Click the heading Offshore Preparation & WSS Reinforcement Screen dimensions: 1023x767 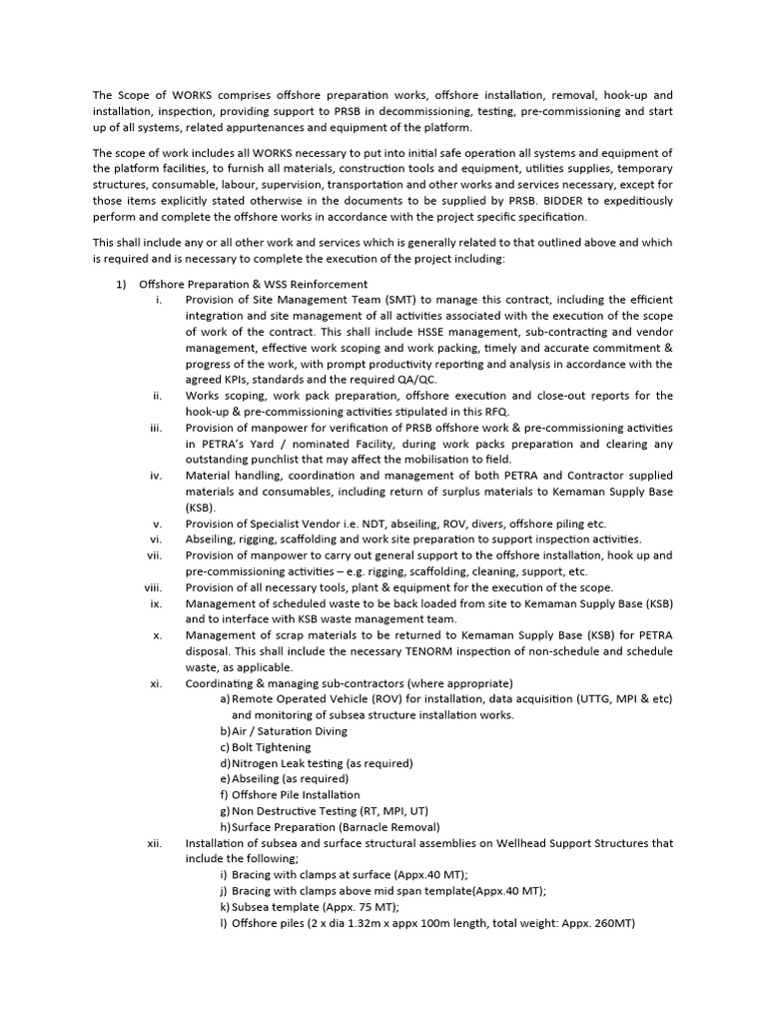[253, 285]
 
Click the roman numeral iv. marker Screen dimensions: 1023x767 [156, 476]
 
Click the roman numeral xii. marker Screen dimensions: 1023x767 [155, 843]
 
